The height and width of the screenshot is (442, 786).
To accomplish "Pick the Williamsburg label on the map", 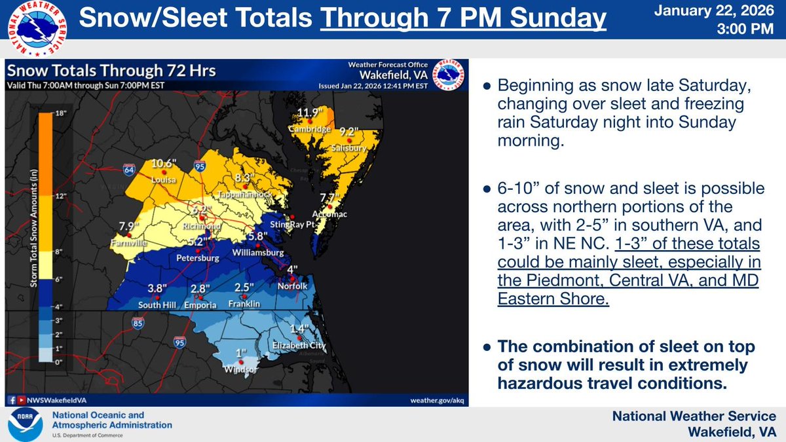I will pyautogui.click(x=261, y=252).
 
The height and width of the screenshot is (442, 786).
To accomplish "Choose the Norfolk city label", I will pyautogui.click(x=291, y=286).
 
